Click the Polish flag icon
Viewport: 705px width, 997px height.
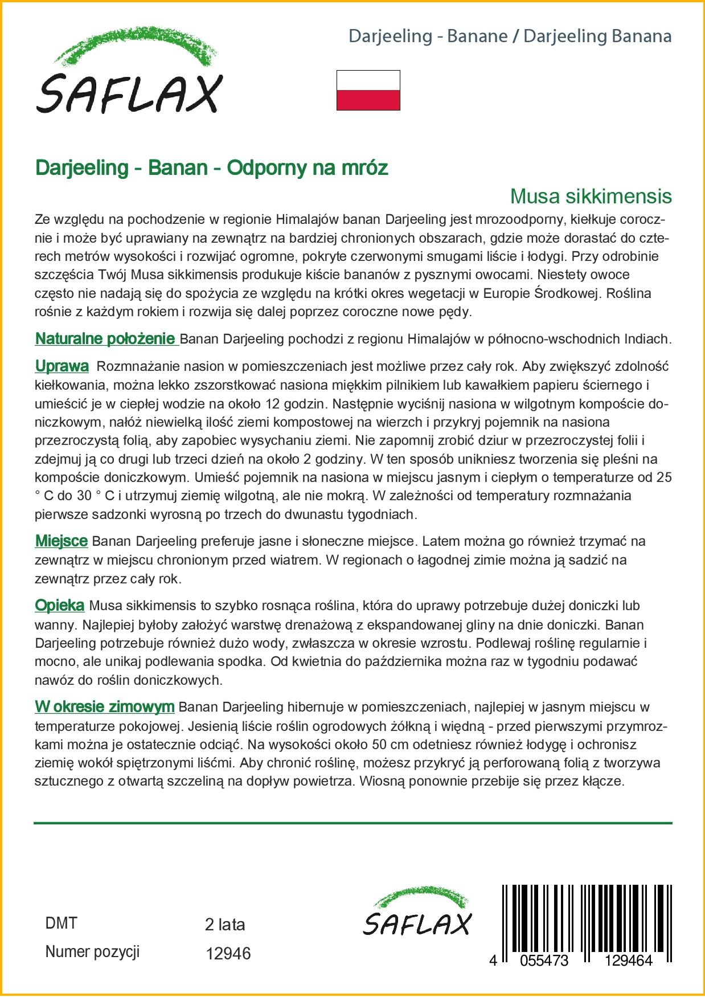[x=368, y=90]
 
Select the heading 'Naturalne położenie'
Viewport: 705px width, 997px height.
[x=105, y=339]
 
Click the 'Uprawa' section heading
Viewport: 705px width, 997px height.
[x=62, y=366]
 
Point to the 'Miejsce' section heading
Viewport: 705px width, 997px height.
[x=61, y=541]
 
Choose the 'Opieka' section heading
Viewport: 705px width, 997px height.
[x=60, y=606]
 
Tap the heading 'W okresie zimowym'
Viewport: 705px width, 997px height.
[x=104, y=707]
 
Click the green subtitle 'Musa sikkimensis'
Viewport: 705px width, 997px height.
[x=591, y=196]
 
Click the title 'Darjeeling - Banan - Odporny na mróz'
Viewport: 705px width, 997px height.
[x=211, y=168]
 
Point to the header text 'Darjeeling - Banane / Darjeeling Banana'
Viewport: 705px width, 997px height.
[x=510, y=36]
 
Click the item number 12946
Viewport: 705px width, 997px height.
[x=227, y=953]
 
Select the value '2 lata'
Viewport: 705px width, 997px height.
[x=224, y=924]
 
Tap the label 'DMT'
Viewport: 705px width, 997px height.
[x=60, y=923]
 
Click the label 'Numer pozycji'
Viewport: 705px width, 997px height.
[x=92, y=951]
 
